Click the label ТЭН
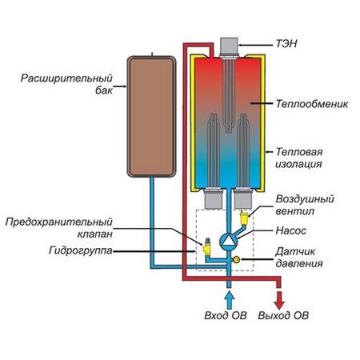[286, 44]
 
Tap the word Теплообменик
[312, 104]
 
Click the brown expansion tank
[151, 117]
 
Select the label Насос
[291, 230]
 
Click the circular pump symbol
[228, 241]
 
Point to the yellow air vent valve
[244, 218]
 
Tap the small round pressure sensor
[236, 259]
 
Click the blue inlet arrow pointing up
[229, 300]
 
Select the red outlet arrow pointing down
[279, 300]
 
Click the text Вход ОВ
[226, 315]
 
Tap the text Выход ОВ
[283, 315]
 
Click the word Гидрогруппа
[81, 251]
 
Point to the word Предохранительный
[58, 222]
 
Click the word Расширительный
[66, 78]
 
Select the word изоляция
[298, 164]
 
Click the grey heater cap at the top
[229, 46]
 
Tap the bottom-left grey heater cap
[213, 199]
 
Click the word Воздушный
[305, 199]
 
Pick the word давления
[299, 264]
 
